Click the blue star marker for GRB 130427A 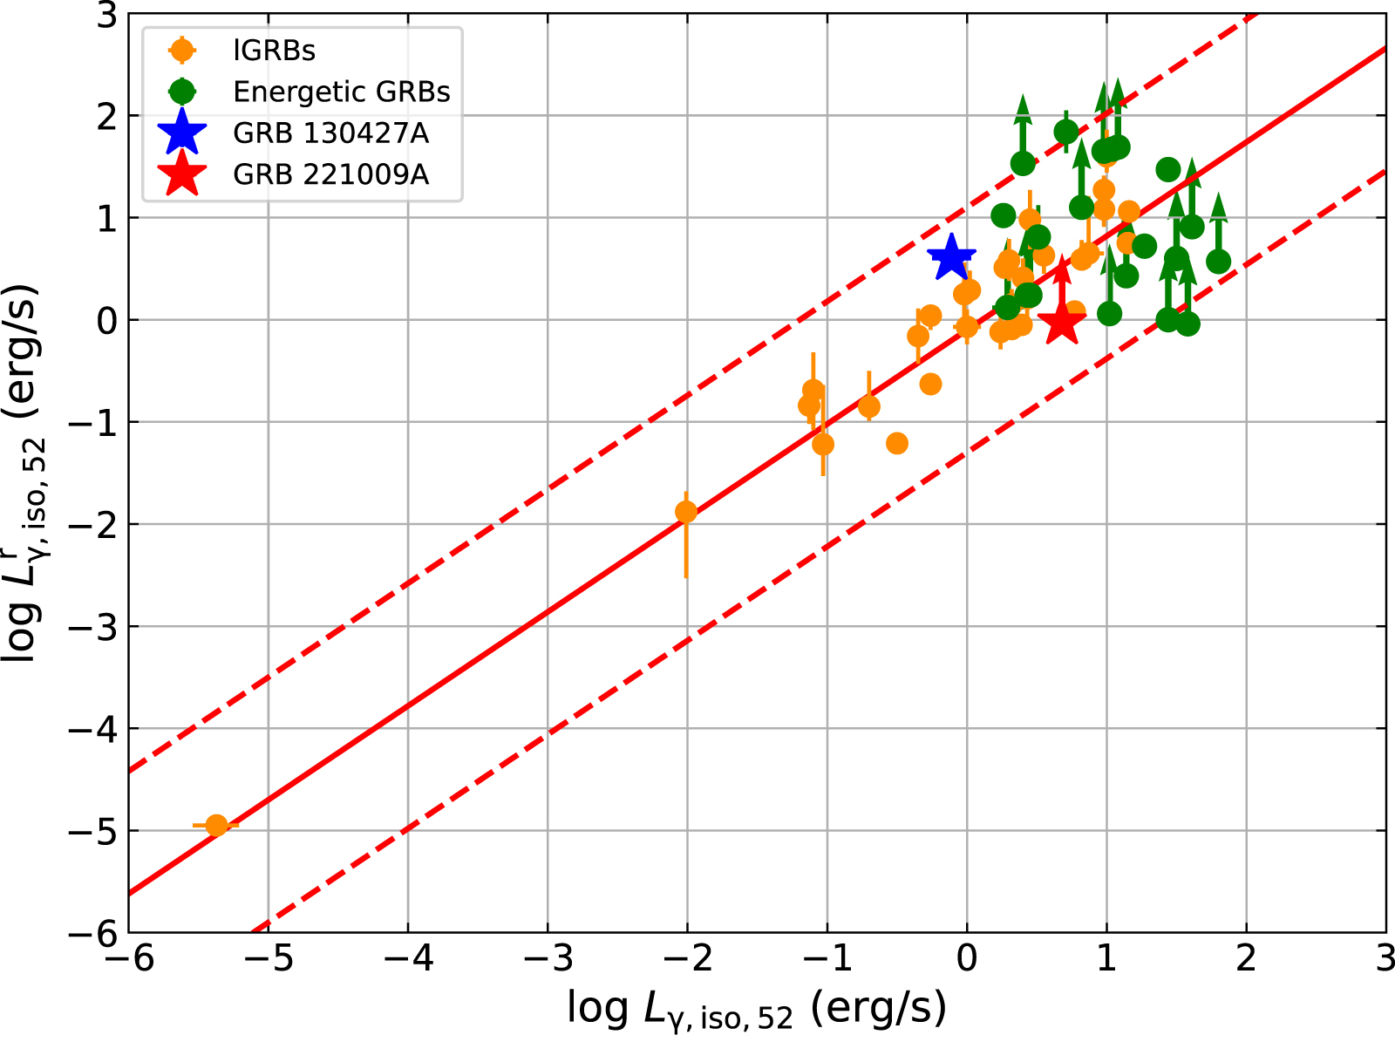950,258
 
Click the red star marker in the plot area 1062,324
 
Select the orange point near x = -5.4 216,825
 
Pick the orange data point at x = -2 686,512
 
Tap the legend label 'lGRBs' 274,51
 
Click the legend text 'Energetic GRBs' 341,92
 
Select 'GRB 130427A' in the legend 330,133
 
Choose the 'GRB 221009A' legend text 330,174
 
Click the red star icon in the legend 182,174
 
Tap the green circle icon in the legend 182,91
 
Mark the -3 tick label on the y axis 94,627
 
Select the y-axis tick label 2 106,116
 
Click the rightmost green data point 1218,262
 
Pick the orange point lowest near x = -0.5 897,443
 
